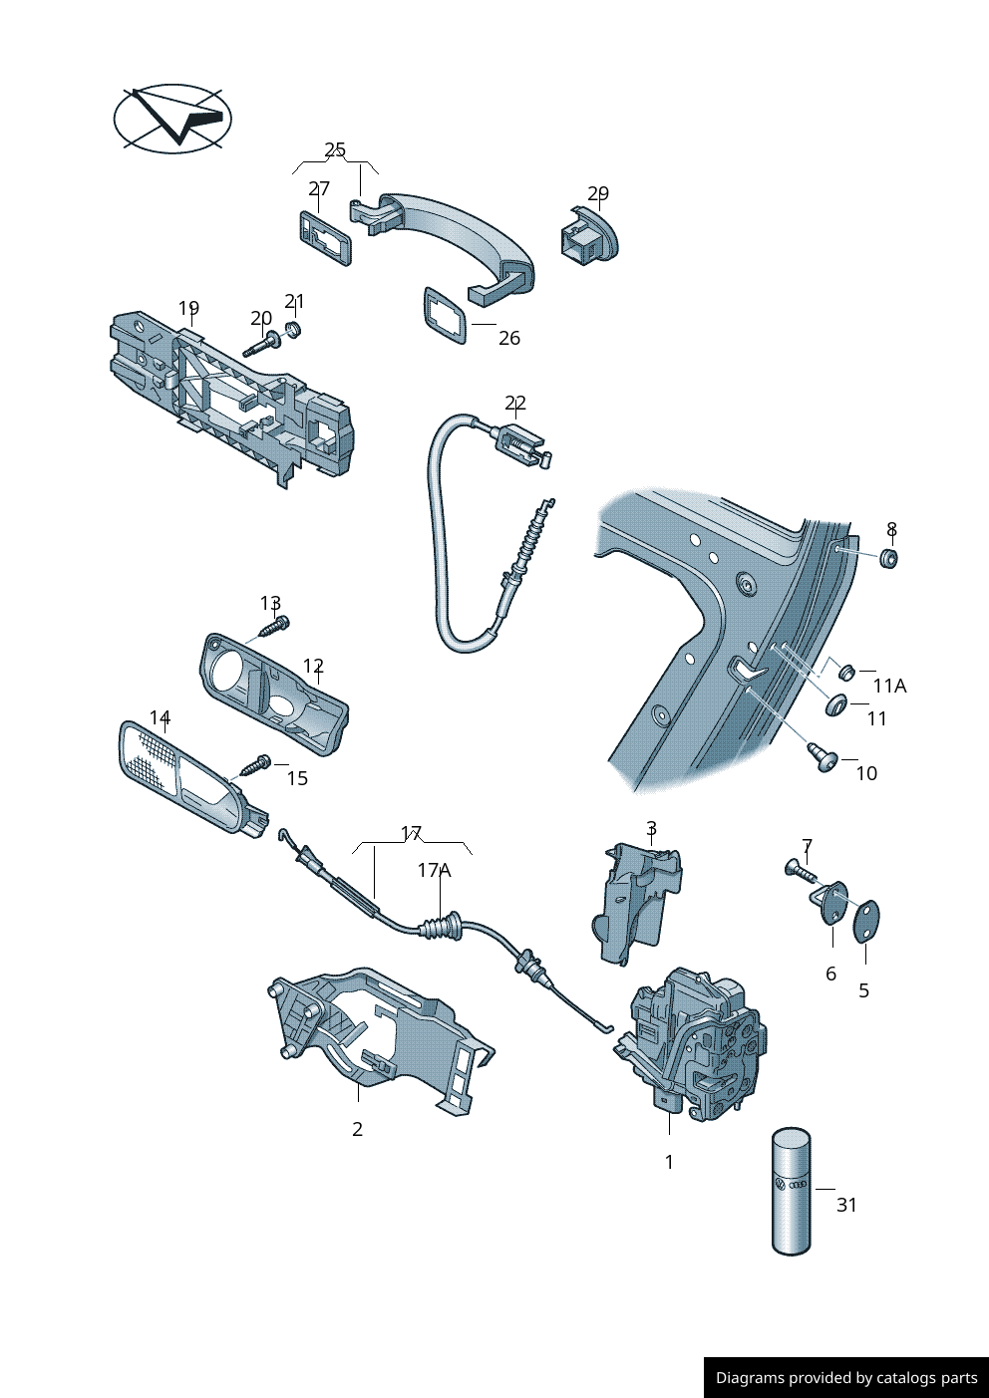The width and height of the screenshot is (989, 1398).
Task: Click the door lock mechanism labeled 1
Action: pyautogui.click(x=698, y=1046)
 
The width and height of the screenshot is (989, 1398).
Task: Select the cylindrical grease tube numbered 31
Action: pyautogui.click(x=792, y=1191)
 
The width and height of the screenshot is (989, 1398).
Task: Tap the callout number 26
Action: pyautogui.click(x=508, y=339)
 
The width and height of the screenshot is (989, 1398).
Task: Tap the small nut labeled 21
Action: pyautogui.click(x=294, y=329)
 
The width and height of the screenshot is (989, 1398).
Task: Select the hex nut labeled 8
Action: pyautogui.click(x=890, y=558)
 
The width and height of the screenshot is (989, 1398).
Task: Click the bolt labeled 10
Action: pyautogui.click(x=823, y=757)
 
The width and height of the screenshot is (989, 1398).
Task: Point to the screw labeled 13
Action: pyautogui.click(x=275, y=626)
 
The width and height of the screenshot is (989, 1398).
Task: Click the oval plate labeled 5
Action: pyautogui.click(x=866, y=921)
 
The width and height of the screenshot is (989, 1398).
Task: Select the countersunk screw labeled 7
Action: pyautogui.click(x=801, y=871)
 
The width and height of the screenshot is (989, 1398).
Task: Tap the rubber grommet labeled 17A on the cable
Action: pyautogui.click(x=440, y=928)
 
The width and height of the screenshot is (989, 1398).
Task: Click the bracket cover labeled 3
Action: pyautogui.click(x=638, y=902)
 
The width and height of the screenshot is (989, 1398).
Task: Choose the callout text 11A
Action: pyautogui.click(x=889, y=686)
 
